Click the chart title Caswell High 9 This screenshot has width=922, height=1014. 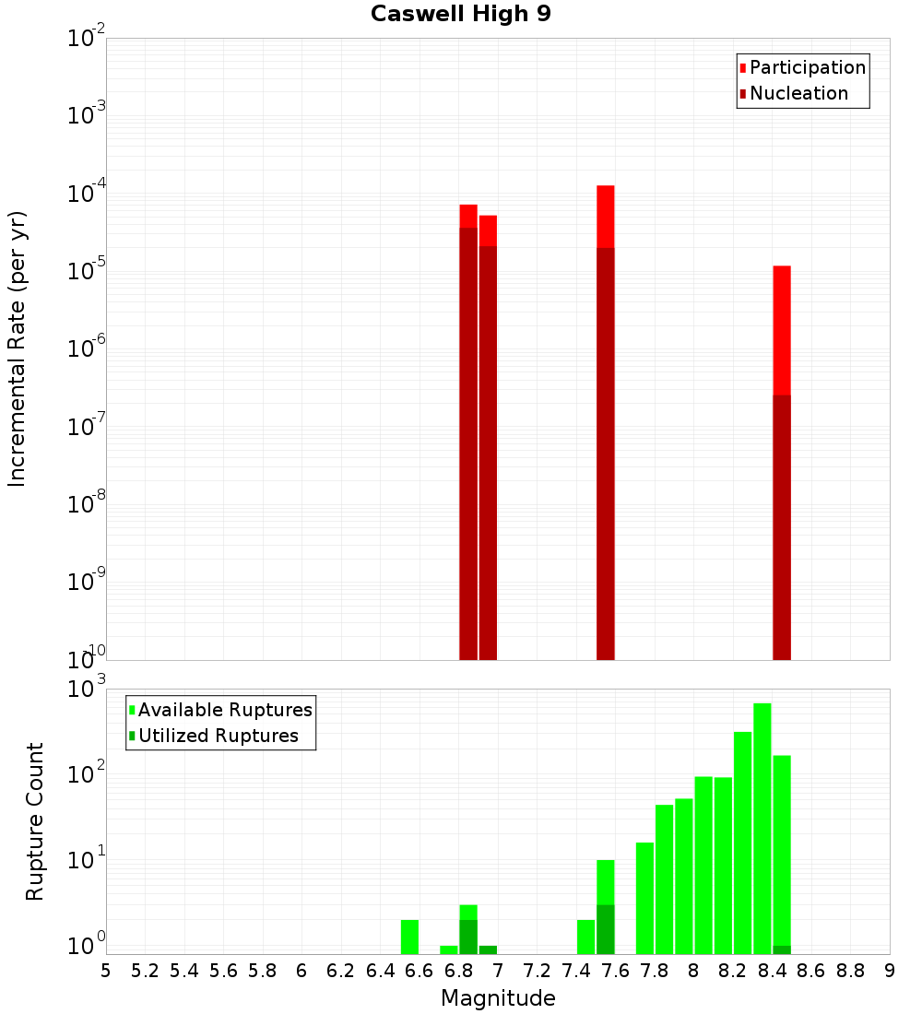tap(461, 15)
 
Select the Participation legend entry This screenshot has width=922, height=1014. tap(807, 67)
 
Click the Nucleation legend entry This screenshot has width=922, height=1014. tap(798, 93)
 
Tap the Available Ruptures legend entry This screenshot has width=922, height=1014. tap(225, 710)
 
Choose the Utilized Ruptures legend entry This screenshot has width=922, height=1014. tap(218, 736)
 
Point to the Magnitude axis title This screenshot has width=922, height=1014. tap(498, 998)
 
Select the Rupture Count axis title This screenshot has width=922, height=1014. tap(35, 821)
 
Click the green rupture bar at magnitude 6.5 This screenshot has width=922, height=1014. tap(410, 937)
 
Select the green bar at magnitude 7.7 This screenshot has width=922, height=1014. tap(645, 898)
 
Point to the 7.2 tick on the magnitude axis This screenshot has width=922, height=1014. tap(537, 971)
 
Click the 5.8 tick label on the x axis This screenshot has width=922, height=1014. tap(263, 971)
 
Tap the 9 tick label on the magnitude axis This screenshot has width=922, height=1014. tap(890, 971)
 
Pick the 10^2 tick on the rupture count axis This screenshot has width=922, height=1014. tap(88, 774)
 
